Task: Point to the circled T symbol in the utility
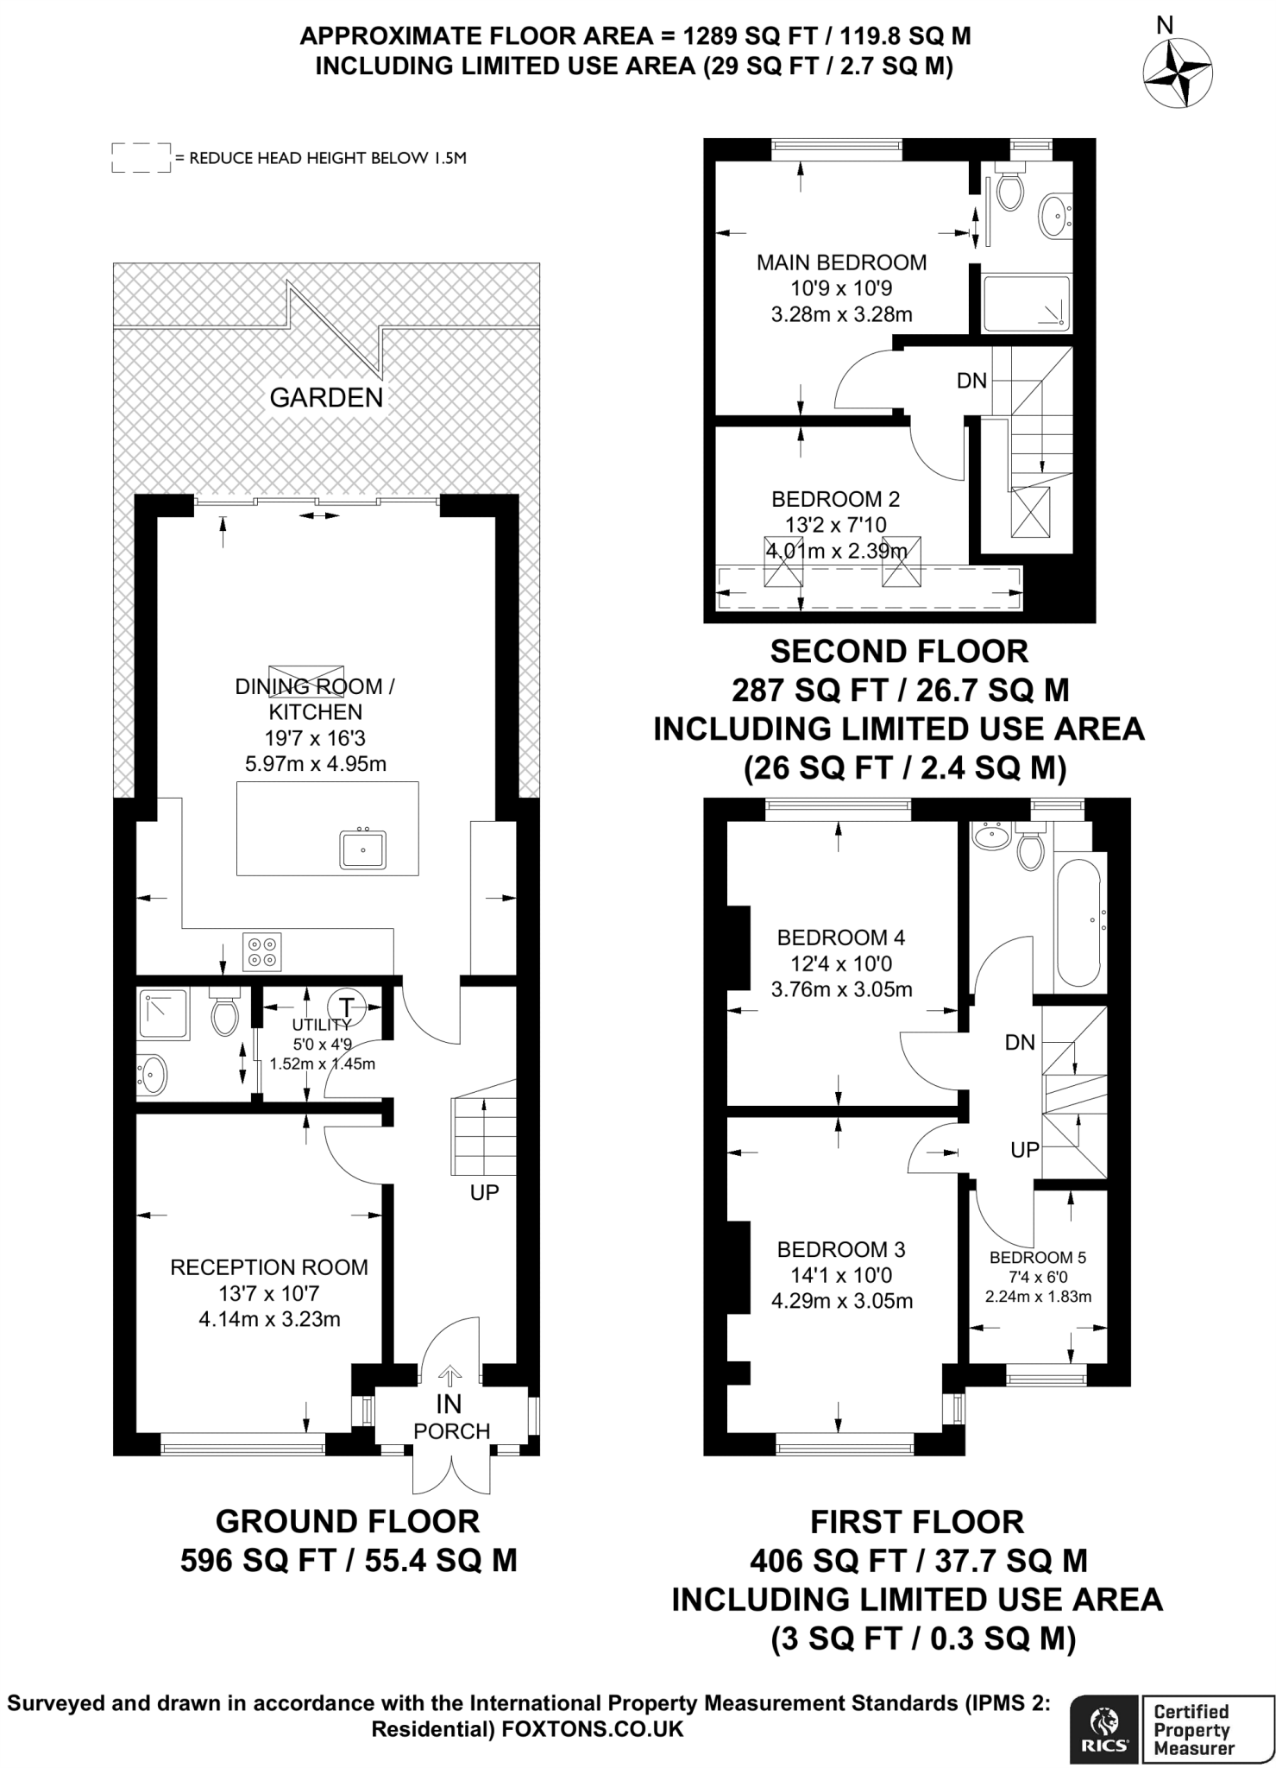[x=347, y=1007]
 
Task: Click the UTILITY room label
[x=322, y=1025]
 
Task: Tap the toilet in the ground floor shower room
[x=225, y=1015]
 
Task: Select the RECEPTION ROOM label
[x=269, y=1267]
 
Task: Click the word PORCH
[x=451, y=1431]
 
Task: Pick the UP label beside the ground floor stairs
[x=484, y=1193]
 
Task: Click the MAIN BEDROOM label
[x=841, y=262]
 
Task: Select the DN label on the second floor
[x=971, y=381]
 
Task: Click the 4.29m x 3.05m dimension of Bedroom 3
[x=841, y=1301]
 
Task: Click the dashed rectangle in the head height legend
[x=141, y=158]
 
